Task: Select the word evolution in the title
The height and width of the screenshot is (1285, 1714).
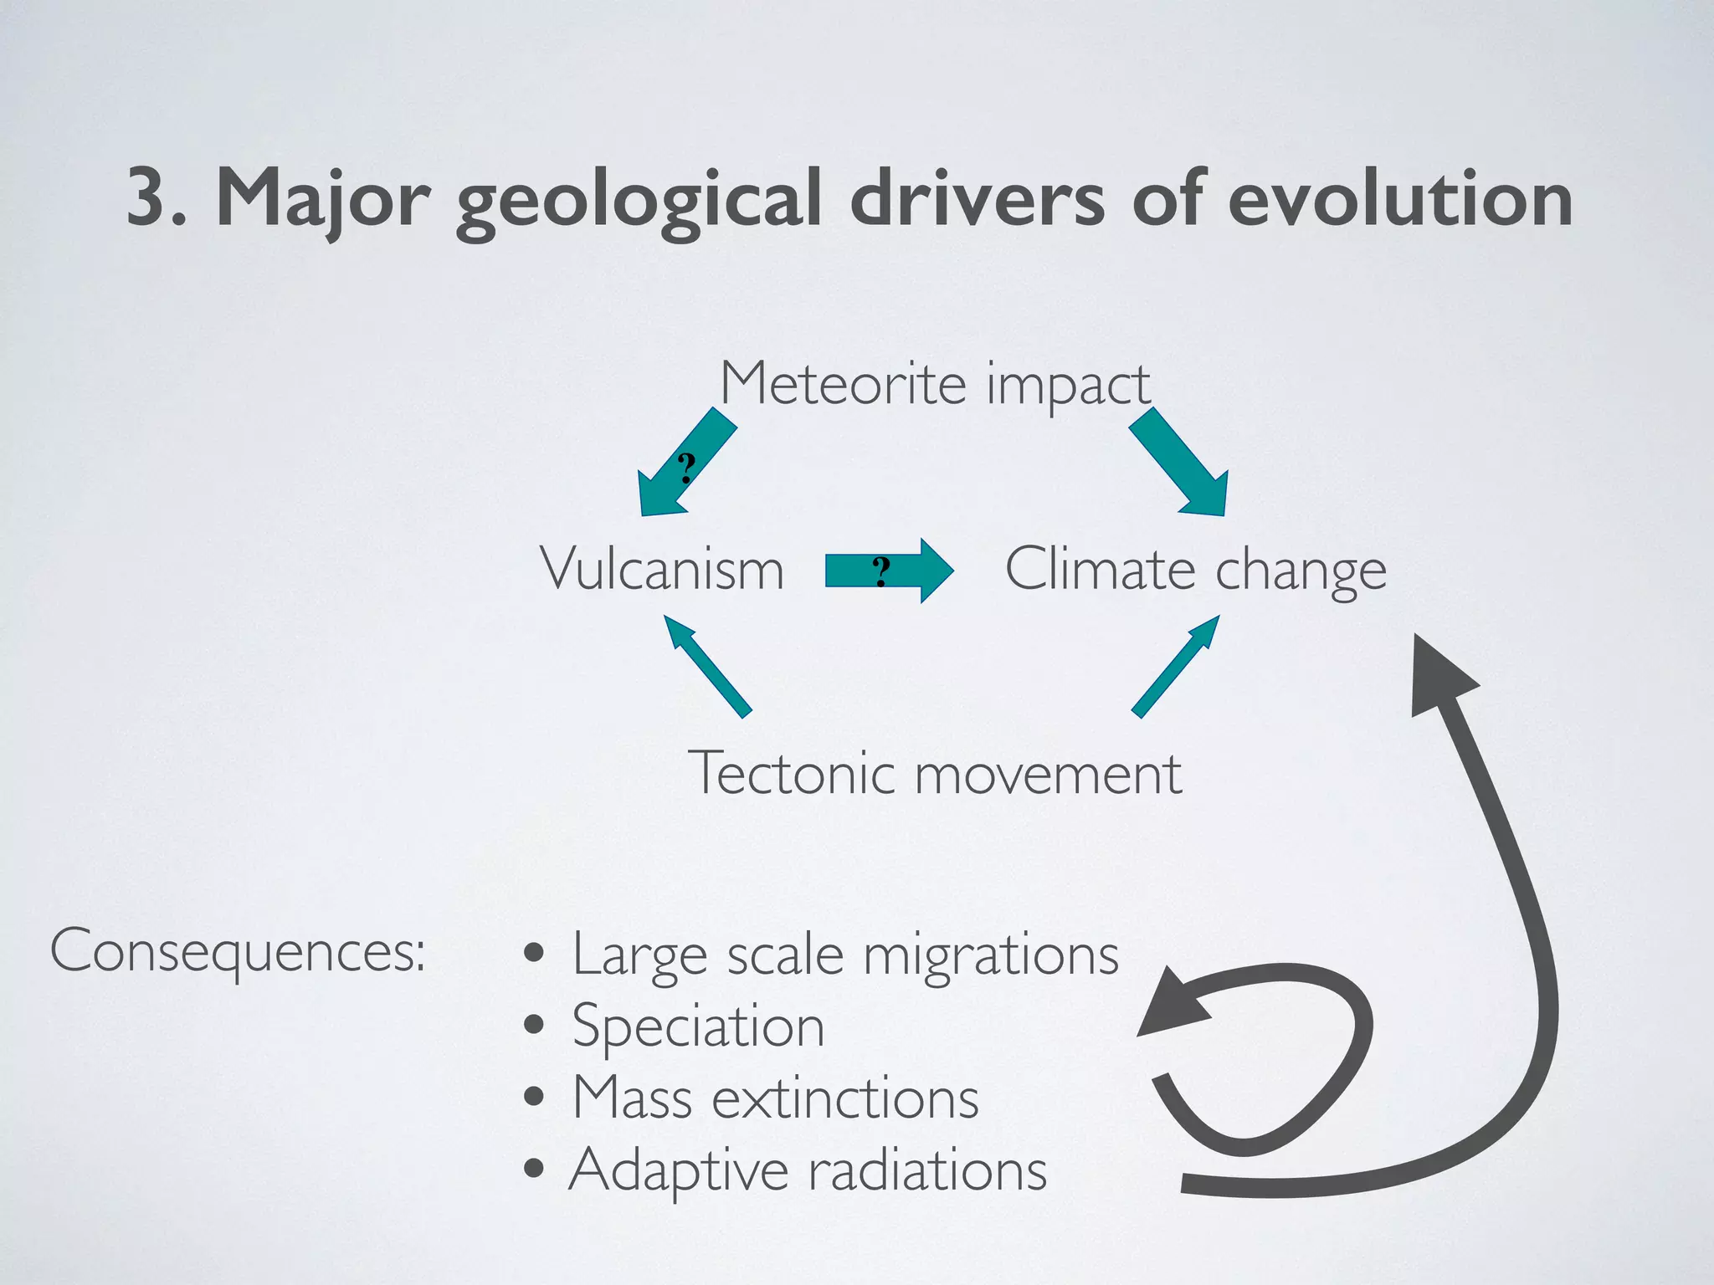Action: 1399,199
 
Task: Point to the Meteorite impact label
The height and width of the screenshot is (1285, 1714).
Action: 935,384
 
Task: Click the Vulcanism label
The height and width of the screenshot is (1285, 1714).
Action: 662,570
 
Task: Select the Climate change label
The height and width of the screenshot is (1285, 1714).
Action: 1195,570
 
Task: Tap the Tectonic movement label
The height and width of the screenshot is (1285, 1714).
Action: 935,773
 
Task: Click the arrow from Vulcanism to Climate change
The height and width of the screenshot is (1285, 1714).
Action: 890,571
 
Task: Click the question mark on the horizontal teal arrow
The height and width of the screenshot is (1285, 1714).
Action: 880,571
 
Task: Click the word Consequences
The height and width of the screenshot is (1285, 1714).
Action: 238,951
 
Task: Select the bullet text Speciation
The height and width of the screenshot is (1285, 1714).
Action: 699,1026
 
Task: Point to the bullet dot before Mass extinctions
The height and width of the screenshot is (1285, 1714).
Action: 534,1097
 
